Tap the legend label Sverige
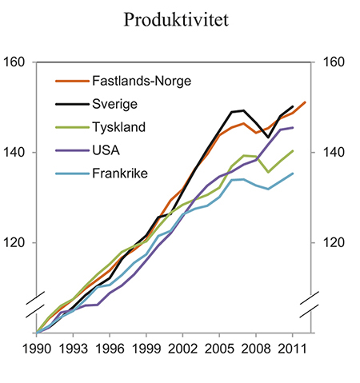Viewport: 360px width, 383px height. click(x=114, y=103)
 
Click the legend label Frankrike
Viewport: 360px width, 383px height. click(x=119, y=173)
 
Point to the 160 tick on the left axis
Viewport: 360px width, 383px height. click(x=16, y=62)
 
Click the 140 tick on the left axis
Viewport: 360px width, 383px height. click(x=16, y=153)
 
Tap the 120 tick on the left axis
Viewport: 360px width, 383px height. click(x=16, y=243)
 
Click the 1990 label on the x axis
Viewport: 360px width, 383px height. click(x=38, y=349)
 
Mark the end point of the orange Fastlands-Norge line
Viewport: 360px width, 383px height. click(x=306, y=102)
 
